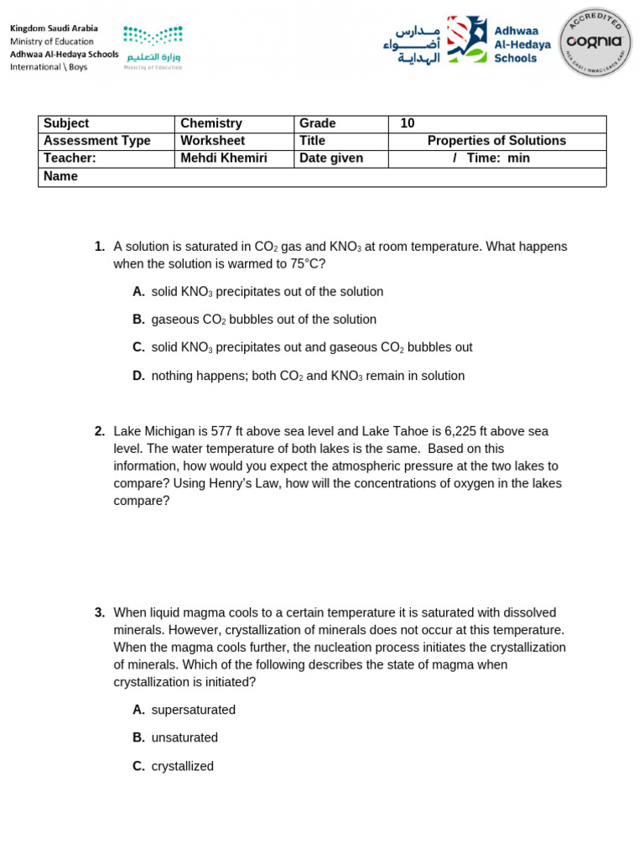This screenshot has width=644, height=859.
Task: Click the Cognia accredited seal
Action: [595, 42]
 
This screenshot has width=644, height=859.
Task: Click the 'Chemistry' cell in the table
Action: [211, 123]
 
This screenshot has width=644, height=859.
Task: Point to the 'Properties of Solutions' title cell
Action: [496, 141]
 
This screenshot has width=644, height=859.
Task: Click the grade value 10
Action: [408, 123]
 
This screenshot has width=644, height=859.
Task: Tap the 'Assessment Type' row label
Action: [96, 141]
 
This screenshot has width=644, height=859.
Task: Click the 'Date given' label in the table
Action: [331, 158]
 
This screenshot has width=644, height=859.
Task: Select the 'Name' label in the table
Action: [60, 176]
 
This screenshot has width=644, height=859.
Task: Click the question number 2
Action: [100, 431]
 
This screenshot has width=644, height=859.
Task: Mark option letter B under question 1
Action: [138, 320]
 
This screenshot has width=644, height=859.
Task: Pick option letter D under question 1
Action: [138, 376]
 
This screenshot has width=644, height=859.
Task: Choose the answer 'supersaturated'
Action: [194, 710]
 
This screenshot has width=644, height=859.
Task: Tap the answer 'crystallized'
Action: [183, 766]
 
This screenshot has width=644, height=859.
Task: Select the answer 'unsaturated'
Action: [184, 737]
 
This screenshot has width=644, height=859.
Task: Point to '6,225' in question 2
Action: [461, 431]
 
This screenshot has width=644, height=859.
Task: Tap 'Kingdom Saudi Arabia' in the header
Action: [54, 29]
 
